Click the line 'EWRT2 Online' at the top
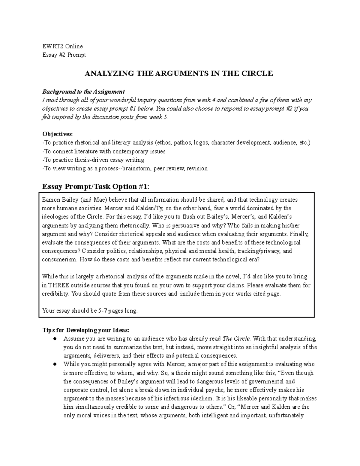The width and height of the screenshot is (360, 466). [x=62, y=46]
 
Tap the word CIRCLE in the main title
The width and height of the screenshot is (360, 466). [x=259, y=74]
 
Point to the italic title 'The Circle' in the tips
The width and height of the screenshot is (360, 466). [x=236, y=339]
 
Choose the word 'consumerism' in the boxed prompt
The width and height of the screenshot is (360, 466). [x=59, y=260]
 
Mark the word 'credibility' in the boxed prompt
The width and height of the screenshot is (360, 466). [x=55, y=294]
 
